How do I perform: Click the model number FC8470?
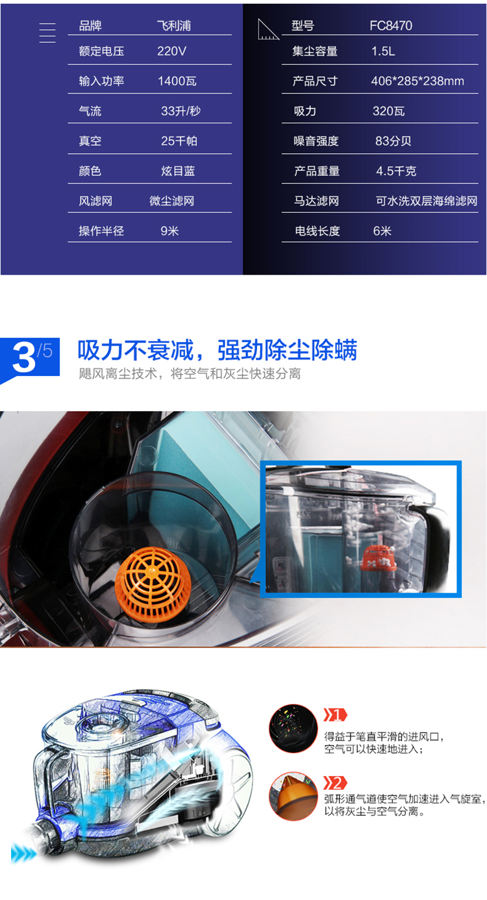point(390,26)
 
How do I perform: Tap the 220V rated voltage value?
point(171,51)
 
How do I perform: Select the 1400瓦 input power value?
point(177,81)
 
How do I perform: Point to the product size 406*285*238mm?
point(418,81)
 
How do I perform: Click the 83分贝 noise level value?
point(393,141)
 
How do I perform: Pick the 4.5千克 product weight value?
point(396,171)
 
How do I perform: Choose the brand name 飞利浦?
point(173,26)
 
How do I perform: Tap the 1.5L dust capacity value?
point(383,51)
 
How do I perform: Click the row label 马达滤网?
point(316,201)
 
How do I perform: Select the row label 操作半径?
point(101,231)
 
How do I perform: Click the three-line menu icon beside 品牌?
point(47,33)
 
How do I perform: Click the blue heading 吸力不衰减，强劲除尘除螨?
point(217,349)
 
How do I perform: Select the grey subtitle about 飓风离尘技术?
point(190,373)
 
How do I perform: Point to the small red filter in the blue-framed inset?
point(378,557)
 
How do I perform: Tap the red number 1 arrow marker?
point(335,715)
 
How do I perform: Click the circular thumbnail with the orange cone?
point(293,796)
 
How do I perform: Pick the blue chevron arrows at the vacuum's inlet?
point(23,852)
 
